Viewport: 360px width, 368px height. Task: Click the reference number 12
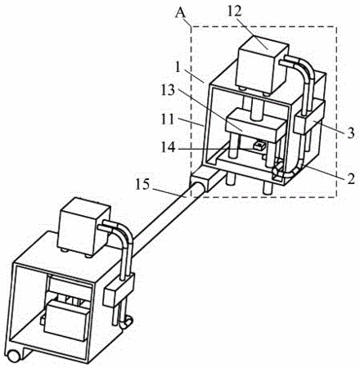[x=235, y=11]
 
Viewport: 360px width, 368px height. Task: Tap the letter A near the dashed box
[x=180, y=13]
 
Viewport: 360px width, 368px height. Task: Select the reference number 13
[x=168, y=90]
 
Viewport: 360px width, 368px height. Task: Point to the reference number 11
[x=167, y=119]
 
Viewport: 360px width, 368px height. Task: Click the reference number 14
[x=169, y=148]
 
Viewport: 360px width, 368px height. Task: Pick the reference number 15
[x=142, y=185]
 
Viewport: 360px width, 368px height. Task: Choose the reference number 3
[x=351, y=133]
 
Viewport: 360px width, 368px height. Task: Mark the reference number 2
[x=351, y=179]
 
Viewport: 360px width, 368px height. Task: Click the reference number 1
[x=178, y=68]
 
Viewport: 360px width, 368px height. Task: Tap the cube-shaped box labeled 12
[x=263, y=65]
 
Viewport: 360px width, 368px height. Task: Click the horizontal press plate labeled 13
[x=255, y=124]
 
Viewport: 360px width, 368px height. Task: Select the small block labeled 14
[x=259, y=146]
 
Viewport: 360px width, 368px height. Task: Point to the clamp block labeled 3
[x=309, y=118]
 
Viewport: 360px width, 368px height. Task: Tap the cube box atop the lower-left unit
[x=85, y=227]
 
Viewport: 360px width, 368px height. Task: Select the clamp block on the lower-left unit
[x=119, y=290]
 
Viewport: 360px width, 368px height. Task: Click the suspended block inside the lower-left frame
[x=66, y=321]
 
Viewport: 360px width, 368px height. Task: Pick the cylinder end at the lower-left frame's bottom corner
[x=14, y=356]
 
